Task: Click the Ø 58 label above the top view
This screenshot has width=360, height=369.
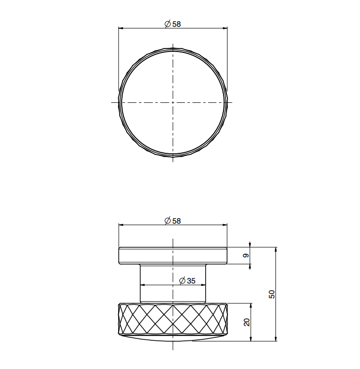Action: point(173,24)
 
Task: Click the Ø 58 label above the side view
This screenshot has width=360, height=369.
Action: point(173,221)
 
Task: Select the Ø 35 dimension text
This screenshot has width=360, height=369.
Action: point(187,280)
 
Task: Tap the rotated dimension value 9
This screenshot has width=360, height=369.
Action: point(246,256)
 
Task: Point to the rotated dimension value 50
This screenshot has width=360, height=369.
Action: point(271,294)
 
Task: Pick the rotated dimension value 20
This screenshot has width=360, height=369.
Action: point(246,322)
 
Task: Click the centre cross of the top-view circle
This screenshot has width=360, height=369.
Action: point(173,102)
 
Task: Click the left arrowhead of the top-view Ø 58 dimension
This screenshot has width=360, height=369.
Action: point(121,28)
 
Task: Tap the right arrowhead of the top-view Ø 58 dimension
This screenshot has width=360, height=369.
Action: point(225,28)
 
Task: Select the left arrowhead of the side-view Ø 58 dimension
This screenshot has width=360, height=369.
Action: point(121,225)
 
